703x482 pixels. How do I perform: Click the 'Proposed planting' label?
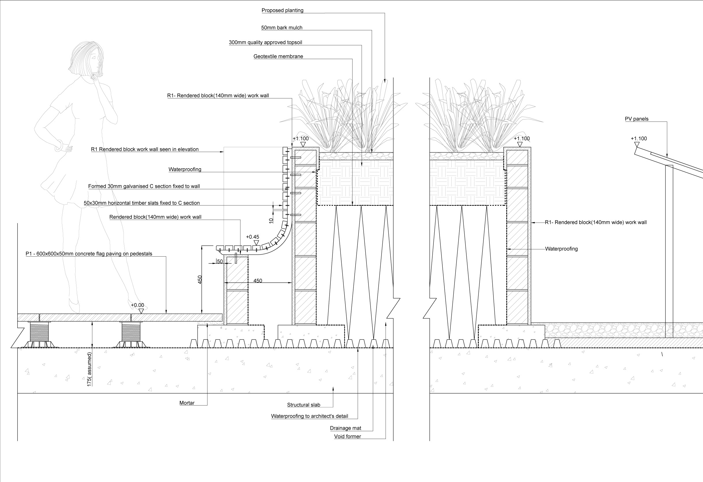click(282, 10)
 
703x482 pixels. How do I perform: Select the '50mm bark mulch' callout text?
click(282, 27)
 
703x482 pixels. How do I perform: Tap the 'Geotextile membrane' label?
click(278, 56)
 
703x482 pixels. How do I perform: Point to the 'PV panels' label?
click(636, 119)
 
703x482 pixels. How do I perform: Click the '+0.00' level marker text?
click(137, 305)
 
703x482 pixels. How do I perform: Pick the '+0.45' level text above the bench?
click(252, 237)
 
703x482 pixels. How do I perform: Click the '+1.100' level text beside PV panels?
click(639, 139)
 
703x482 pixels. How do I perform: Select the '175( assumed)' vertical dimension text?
click(89, 369)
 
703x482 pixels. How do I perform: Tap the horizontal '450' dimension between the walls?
click(257, 281)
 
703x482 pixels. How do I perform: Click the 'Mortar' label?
click(187, 403)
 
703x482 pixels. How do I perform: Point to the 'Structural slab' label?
click(303, 405)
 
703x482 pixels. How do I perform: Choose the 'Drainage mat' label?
click(345, 428)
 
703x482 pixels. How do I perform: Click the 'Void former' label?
click(347, 436)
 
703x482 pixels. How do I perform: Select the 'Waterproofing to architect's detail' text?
click(309, 416)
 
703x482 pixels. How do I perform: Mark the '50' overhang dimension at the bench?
click(220, 261)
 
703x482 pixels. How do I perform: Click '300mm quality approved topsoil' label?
click(265, 42)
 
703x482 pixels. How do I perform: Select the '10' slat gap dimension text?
click(271, 221)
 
